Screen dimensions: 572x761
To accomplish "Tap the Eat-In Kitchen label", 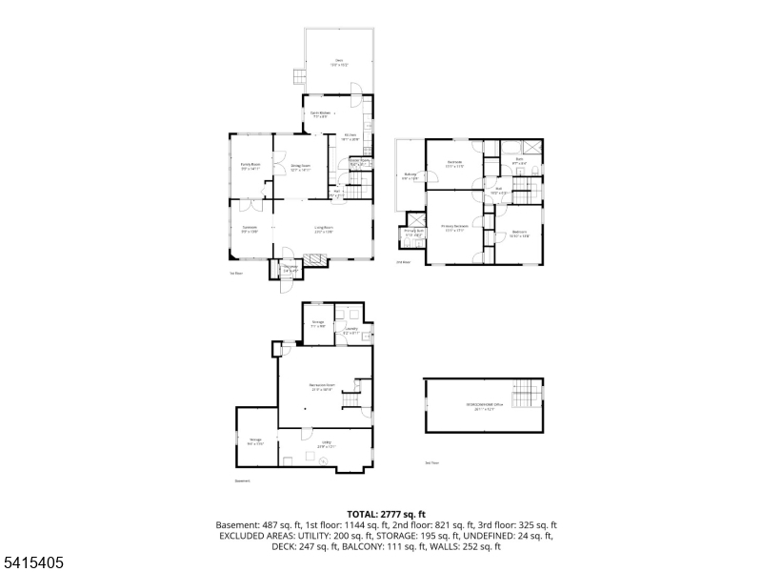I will (320, 114).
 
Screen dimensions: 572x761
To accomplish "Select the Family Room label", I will (250, 166).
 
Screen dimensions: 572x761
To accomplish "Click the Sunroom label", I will (250, 229).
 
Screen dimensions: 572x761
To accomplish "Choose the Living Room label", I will (324, 229).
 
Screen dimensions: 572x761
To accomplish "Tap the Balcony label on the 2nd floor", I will (411, 175).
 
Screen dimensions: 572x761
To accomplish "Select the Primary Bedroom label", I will (453, 228).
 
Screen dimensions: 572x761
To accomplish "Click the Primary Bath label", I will (413, 232).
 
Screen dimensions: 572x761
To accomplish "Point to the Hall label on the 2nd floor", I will (497, 190).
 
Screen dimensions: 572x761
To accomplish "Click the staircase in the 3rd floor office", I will (526, 394).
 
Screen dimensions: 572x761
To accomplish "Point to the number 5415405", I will (32, 563).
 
